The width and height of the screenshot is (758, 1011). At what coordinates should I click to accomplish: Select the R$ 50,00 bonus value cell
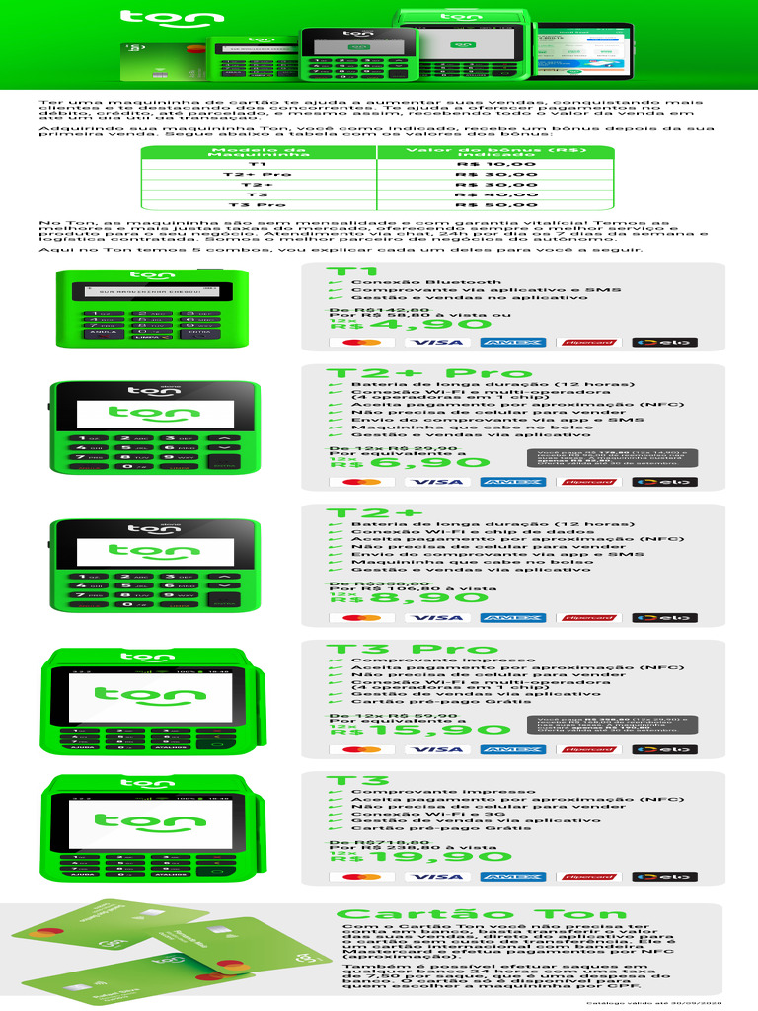[496, 205]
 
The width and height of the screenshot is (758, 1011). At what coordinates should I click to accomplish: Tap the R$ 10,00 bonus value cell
[496, 164]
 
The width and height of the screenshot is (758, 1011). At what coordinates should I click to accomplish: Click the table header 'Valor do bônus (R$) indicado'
[496, 152]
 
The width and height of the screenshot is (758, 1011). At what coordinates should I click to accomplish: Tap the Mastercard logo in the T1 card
[361, 343]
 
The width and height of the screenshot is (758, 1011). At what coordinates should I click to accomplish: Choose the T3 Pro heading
[412, 649]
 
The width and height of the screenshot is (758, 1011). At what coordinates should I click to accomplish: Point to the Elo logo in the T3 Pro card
[664, 749]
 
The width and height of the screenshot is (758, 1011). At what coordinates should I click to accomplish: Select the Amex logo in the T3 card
[513, 877]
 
